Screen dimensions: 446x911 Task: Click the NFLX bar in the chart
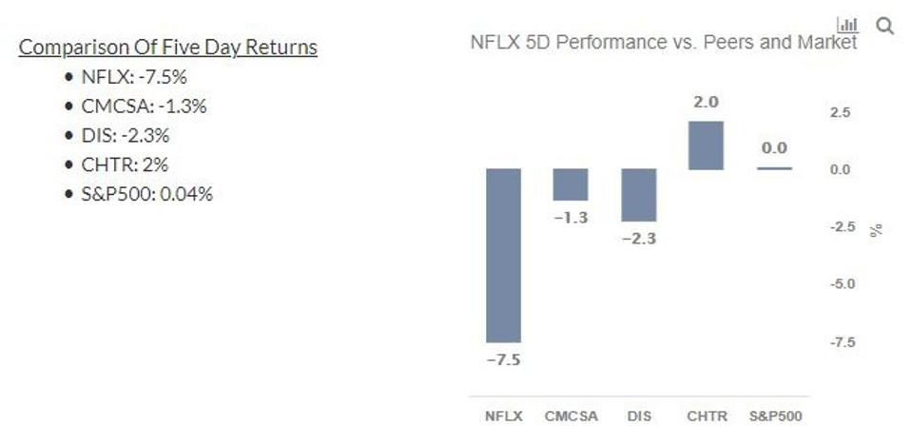(503, 255)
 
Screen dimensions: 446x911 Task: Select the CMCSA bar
(571, 184)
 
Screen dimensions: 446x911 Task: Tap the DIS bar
(638, 195)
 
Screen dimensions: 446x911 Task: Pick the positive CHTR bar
(706, 145)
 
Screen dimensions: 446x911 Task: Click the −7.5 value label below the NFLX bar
(503, 360)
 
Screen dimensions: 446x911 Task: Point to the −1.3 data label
(571, 218)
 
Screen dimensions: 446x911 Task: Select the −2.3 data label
(638, 239)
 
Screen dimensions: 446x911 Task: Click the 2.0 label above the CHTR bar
(706, 102)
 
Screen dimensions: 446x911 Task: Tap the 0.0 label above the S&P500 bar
(774, 148)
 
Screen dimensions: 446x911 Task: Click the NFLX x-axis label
(503, 417)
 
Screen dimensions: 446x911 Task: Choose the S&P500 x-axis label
(776, 417)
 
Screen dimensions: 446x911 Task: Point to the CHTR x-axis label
(707, 417)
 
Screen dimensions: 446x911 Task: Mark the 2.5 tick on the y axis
(841, 113)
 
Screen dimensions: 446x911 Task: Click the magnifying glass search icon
(885, 26)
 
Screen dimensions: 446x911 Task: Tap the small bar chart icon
(846, 25)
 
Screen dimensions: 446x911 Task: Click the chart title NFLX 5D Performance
(663, 43)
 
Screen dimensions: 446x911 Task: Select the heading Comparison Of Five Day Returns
(167, 48)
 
